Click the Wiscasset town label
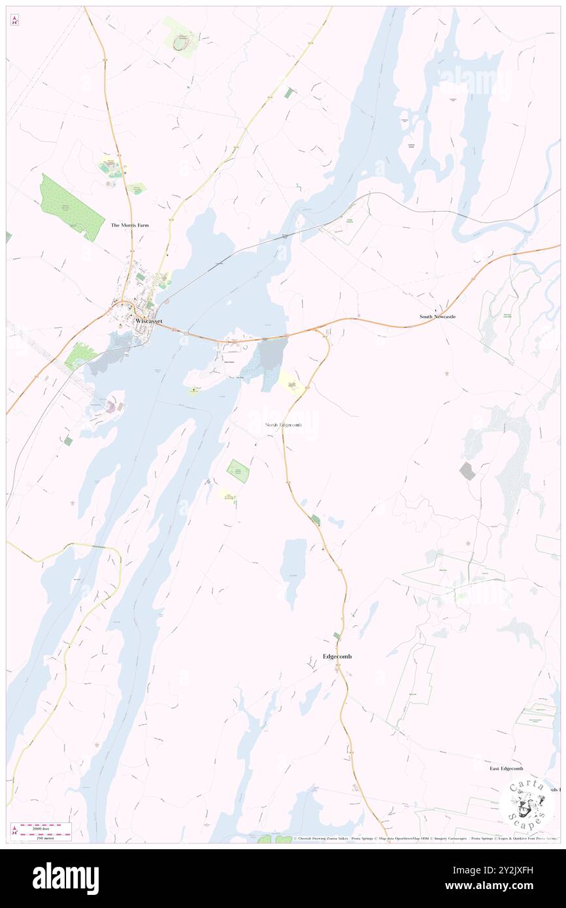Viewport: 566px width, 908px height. (148, 321)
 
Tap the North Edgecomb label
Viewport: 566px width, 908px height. (284, 425)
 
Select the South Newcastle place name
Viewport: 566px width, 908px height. (437, 316)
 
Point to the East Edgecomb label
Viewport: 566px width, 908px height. (507, 768)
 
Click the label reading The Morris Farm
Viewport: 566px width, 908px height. (129, 225)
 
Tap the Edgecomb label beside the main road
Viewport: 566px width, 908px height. (337, 656)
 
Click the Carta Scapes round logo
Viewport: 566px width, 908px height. (525, 803)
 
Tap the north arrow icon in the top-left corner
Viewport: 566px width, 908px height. (14, 20)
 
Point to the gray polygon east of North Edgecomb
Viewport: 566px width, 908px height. (467, 470)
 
